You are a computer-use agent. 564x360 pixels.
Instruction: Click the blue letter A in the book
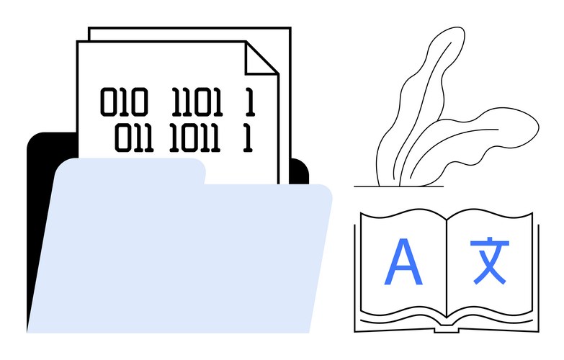point(403,262)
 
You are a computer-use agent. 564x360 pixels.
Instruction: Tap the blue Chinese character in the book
point(490,261)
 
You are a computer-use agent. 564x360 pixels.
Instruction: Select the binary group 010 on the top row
point(124,102)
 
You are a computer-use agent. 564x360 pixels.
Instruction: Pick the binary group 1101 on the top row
point(197,102)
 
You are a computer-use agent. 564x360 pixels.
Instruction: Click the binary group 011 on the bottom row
point(134,138)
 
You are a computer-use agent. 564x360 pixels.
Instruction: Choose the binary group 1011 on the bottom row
point(194,138)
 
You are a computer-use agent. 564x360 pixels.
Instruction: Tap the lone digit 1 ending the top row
point(251,102)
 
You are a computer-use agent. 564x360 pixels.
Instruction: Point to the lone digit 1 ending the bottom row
point(248,138)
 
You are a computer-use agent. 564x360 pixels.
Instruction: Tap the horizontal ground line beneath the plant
point(398,186)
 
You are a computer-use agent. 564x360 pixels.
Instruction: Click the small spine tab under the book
point(447,330)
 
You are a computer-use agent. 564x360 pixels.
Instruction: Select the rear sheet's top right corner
point(290,28)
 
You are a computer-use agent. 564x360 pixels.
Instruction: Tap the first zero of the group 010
point(108,102)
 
